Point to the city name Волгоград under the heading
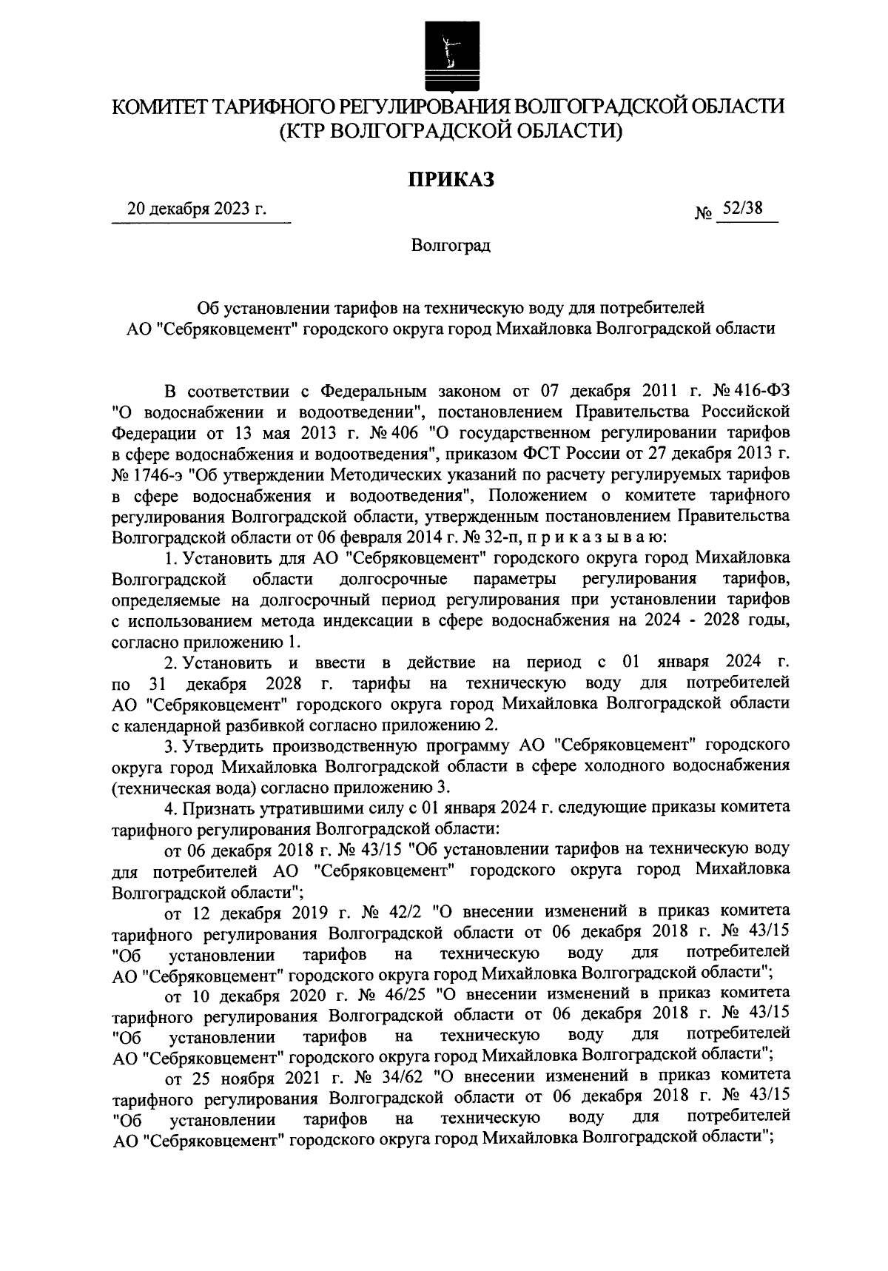(x=451, y=245)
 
